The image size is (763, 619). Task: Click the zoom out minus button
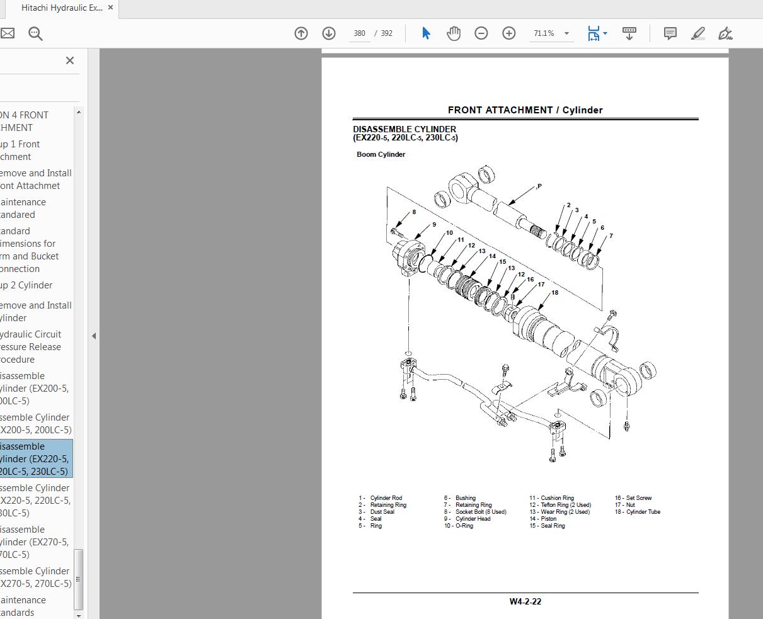point(481,33)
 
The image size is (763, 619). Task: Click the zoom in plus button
point(508,33)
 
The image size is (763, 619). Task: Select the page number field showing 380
point(359,33)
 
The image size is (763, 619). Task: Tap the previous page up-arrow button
point(301,33)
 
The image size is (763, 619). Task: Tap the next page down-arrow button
point(328,33)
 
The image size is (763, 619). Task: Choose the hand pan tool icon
point(454,33)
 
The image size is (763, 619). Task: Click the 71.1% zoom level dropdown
point(551,33)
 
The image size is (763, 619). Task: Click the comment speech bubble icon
point(670,33)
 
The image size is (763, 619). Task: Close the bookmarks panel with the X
point(70,60)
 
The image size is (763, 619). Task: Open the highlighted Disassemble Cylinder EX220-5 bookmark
point(35,459)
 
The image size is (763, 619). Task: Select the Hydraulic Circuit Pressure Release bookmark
point(32,347)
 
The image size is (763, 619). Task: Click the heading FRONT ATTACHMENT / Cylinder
point(525,110)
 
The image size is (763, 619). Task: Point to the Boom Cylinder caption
point(381,154)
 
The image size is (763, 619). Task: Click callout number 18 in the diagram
point(554,292)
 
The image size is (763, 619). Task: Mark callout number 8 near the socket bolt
point(414,212)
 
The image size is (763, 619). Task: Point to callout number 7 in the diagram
point(611,236)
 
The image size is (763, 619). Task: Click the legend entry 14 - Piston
point(543,519)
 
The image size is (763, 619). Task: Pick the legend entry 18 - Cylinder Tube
point(638,512)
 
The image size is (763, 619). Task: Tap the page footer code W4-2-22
point(525,601)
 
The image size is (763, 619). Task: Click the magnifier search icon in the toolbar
point(35,33)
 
